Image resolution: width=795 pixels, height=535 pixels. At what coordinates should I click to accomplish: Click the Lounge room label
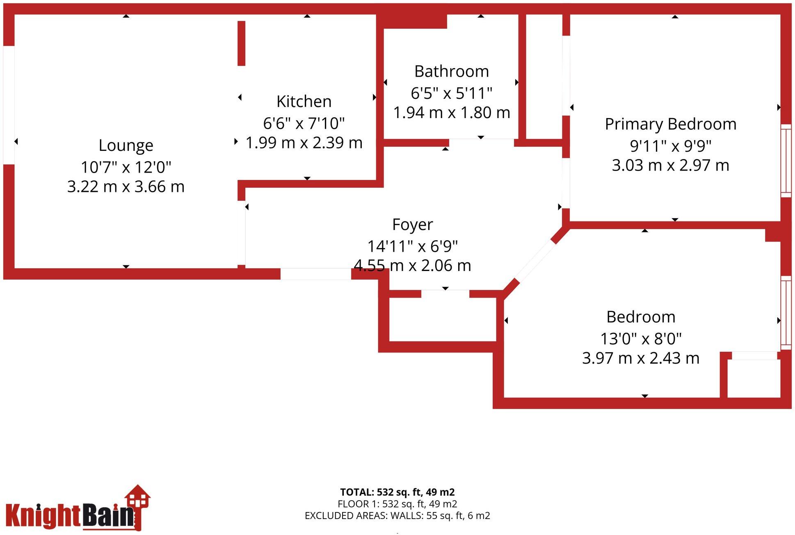coord(126,146)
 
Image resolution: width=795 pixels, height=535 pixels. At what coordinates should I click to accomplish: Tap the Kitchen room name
coord(304,102)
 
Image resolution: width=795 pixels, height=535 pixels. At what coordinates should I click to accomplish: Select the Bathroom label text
coord(452,72)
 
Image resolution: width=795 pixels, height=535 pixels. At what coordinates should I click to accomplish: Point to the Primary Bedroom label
coord(671,124)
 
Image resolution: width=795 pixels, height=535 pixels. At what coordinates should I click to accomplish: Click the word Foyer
coord(412,225)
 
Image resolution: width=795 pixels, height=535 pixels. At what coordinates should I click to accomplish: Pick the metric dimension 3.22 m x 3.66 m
coord(126,187)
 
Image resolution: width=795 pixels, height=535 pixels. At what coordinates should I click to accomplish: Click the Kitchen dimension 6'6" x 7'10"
coord(304,123)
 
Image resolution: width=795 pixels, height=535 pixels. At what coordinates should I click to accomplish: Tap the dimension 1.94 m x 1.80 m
coord(452,113)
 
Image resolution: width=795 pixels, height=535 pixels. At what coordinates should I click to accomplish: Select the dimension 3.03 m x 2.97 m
coord(671,166)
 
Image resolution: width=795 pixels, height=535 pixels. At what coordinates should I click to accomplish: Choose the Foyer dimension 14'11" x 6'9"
coord(412,246)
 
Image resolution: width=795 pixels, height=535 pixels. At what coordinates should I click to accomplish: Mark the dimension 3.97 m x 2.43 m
coord(641,358)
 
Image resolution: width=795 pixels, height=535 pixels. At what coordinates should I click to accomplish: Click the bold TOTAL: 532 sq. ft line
coord(397,492)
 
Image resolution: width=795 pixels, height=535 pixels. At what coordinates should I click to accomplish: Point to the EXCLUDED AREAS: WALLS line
coord(397,516)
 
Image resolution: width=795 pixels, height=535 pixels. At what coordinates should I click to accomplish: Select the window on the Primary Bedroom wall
coord(786,161)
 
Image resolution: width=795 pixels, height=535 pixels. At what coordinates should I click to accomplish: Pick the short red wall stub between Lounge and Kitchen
coord(242,43)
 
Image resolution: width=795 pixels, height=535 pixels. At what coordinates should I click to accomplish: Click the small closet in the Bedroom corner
coord(754,378)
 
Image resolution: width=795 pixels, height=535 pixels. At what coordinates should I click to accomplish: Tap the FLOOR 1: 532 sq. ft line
coord(397,504)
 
